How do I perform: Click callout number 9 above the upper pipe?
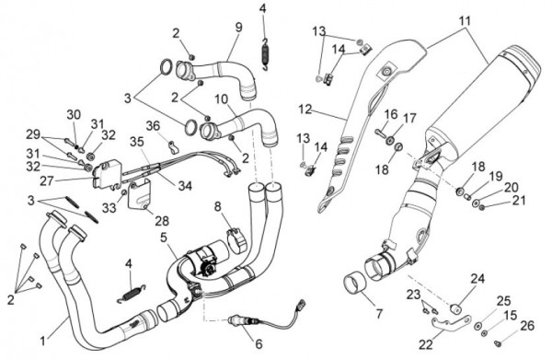point(239,27)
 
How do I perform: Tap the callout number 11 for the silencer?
point(465,21)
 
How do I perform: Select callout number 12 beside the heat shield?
point(305,110)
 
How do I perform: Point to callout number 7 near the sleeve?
point(379,313)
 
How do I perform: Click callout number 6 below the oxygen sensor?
point(259,343)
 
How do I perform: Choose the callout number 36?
point(153,126)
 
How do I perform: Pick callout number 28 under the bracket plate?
point(162,221)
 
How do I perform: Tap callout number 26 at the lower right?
point(527,326)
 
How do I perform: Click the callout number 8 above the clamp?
point(218,207)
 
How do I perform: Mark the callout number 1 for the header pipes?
point(42,341)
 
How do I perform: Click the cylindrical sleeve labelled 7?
point(354,283)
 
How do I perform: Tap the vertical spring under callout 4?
point(266,54)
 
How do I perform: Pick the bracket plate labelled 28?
point(138,194)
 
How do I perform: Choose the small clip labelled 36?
point(172,147)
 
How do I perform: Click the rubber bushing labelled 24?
point(456,309)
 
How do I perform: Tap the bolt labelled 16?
point(380,134)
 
